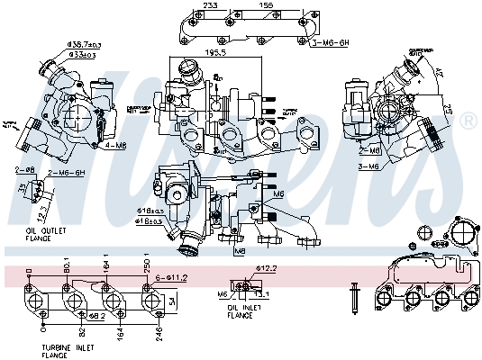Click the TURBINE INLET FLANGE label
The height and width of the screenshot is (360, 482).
(x=70, y=350)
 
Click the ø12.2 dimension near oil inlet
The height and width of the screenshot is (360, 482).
(x=265, y=267)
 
